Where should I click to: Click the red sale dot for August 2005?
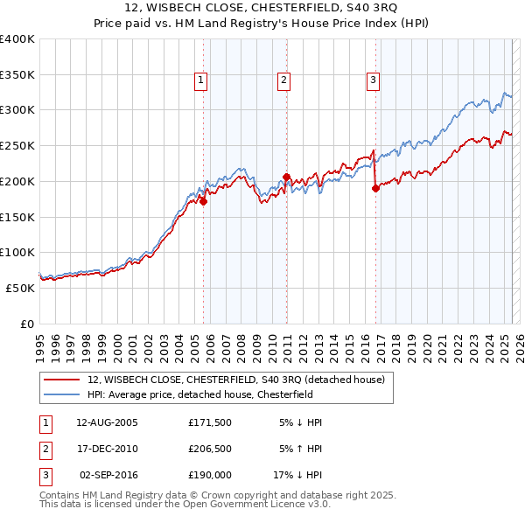click(203, 200)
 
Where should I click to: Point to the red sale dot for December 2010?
click(286, 176)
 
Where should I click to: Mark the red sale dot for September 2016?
click(375, 187)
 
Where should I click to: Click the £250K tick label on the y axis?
click(17, 145)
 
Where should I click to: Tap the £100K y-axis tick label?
click(17, 252)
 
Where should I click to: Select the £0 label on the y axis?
click(25, 324)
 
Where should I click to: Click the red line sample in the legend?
click(62, 380)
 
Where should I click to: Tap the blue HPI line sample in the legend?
click(62, 394)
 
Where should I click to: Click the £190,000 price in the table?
click(209, 476)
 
